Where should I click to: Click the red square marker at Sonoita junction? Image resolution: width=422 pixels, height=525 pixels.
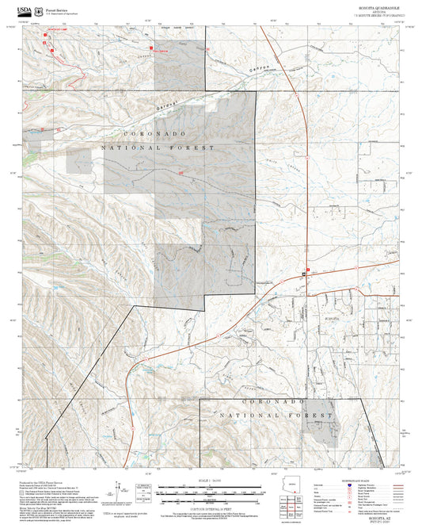coord(307,270)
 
